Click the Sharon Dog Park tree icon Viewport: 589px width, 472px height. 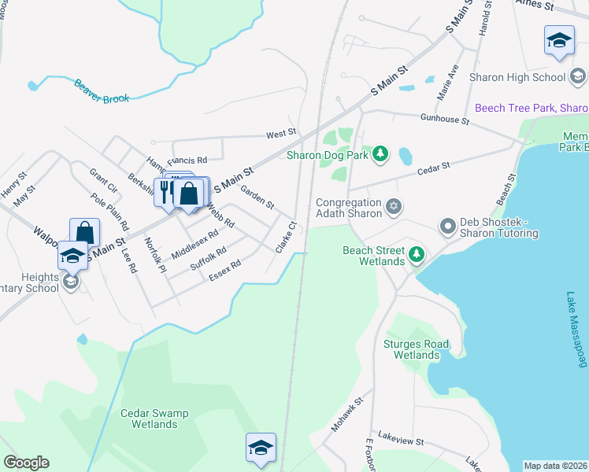point(381,153)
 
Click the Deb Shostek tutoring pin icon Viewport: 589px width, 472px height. point(448,227)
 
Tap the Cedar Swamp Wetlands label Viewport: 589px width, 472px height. point(149,419)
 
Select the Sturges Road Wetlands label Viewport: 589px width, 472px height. point(416,349)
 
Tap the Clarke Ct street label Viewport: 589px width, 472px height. point(285,237)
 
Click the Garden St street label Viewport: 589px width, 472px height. point(257,197)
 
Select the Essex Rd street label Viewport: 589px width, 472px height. point(224,271)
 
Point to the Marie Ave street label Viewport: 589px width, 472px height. point(453,79)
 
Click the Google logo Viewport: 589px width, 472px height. point(26,463)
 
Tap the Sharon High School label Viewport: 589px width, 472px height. point(517,77)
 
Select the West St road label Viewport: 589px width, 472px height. point(280,135)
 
